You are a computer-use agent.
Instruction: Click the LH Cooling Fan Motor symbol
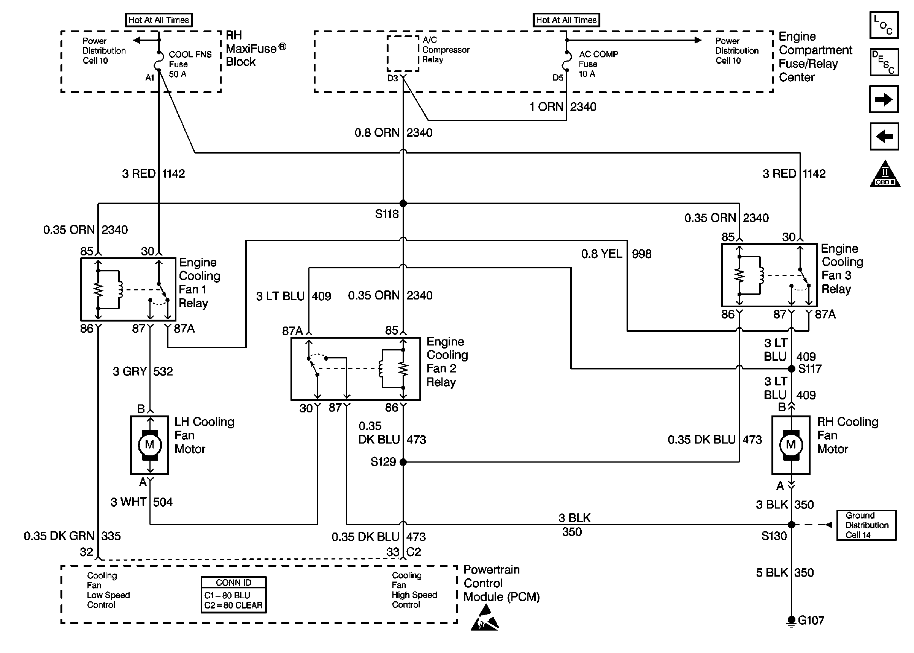149,444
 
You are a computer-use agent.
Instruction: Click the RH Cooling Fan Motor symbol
790,444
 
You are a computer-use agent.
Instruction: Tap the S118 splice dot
403,203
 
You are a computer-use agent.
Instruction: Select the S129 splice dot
403,462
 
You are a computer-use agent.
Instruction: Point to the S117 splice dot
791,368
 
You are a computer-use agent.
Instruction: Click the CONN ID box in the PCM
233,595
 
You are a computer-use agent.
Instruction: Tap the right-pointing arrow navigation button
884,99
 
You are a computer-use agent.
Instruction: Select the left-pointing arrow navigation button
884,136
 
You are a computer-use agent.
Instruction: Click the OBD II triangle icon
885,174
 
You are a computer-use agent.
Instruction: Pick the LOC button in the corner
884,25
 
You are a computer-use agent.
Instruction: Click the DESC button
884,62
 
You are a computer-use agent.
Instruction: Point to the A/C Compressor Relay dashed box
403,54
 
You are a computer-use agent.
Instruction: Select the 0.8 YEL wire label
602,254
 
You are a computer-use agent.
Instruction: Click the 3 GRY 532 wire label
143,371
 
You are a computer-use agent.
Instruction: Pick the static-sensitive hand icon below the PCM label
484,618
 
